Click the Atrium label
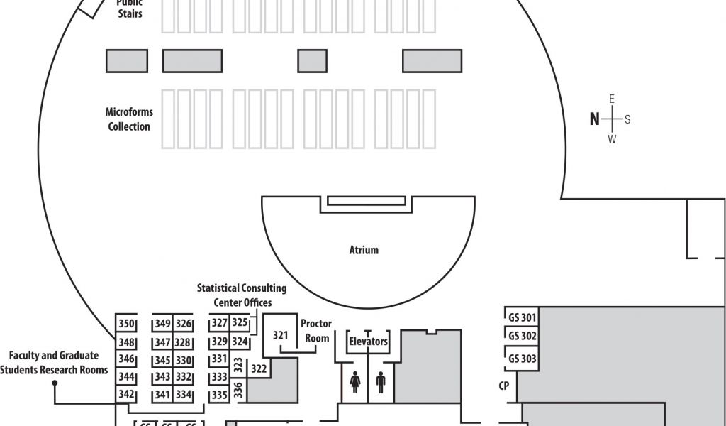click(364, 250)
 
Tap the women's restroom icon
click(355, 382)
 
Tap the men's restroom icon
click(381, 382)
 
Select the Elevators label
click(368, 342)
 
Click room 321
click(281, 335)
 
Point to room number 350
click(126, 324)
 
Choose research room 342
click(126, 395)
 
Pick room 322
click(259, 368)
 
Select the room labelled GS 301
click(522, 317)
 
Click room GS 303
click(522, 359)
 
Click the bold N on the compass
click(594, 119)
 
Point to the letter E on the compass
click(612, 99)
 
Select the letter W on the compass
click(612, 140)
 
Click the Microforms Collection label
click(129, 119)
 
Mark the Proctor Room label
click(316, 331)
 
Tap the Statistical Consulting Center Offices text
click(242, 295)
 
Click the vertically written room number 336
click(238, 388)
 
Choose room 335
click(218, 395)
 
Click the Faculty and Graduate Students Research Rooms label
click(54, 362)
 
